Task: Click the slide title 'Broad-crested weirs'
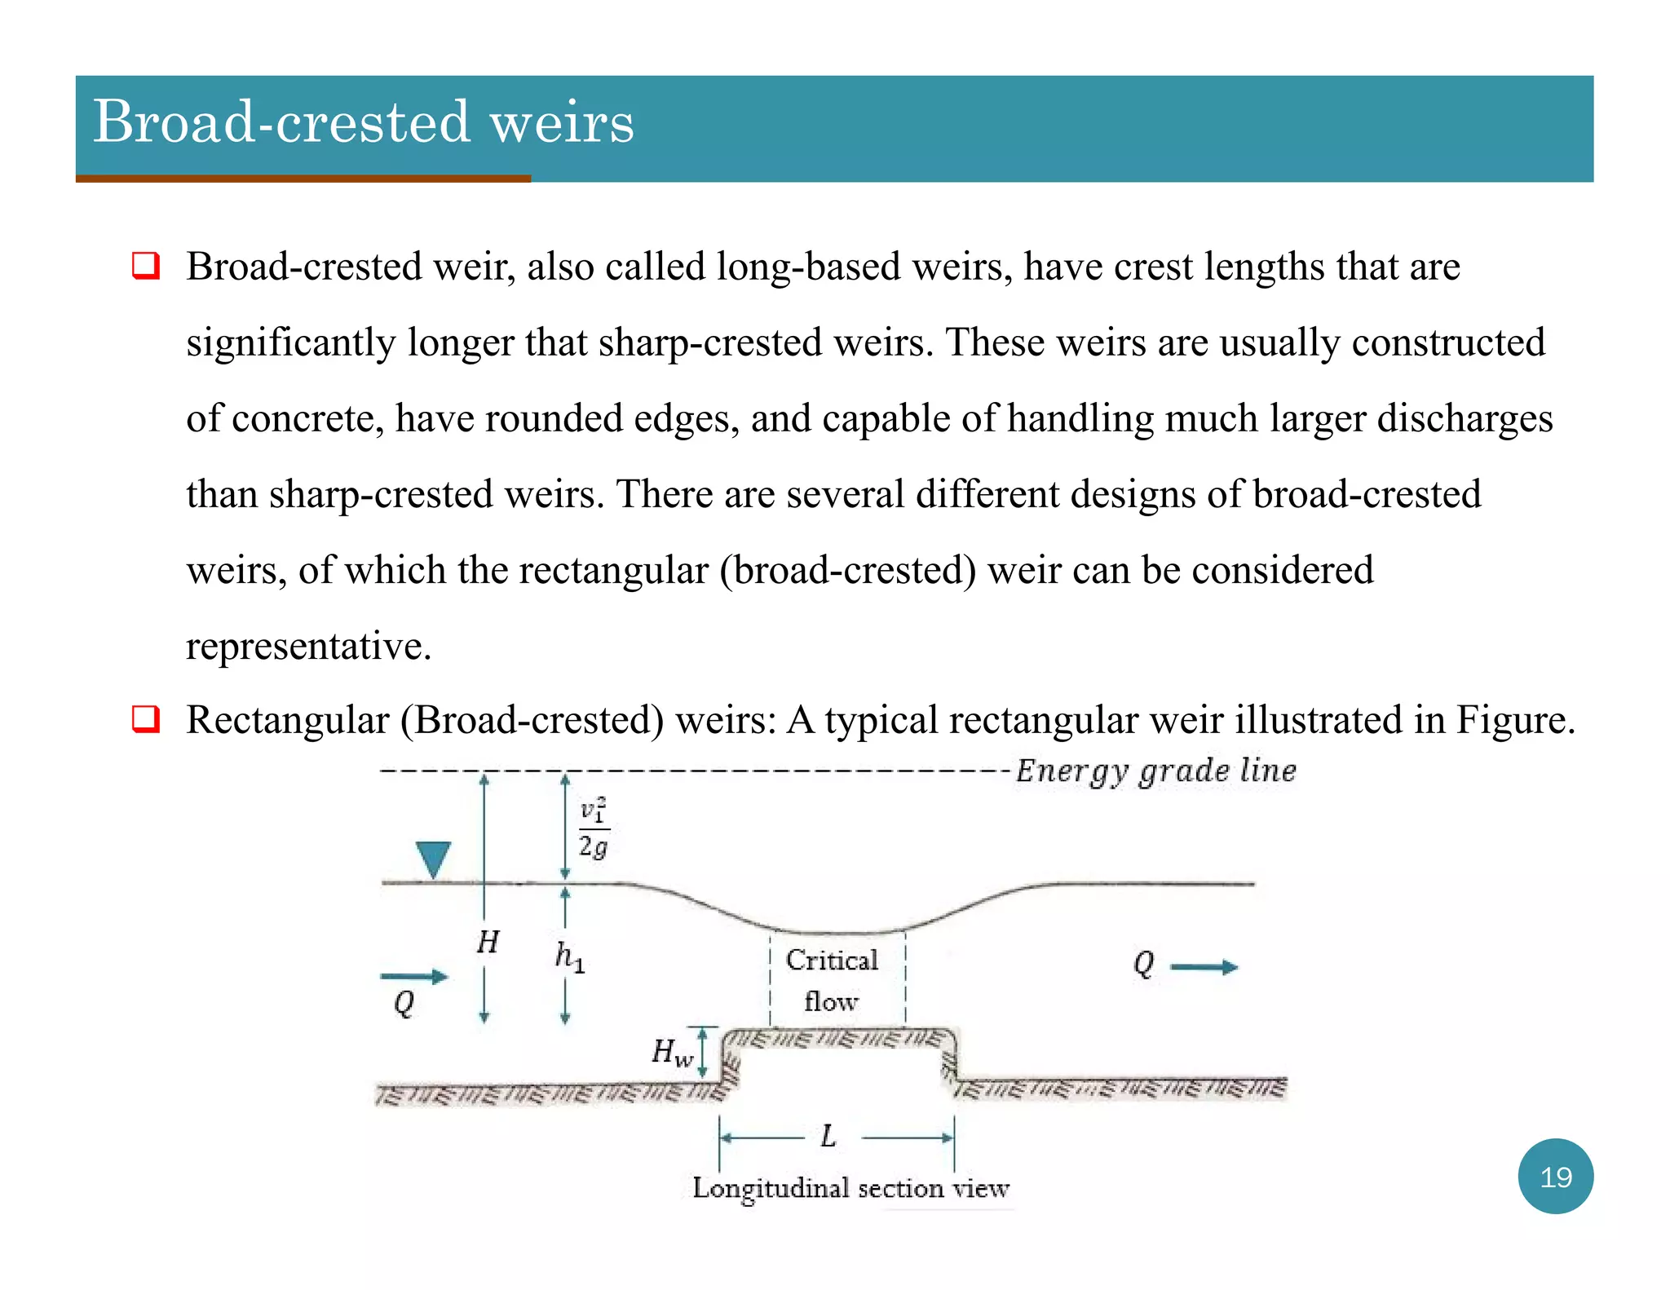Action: (364, 122)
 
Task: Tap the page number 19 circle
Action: (1555, 1176)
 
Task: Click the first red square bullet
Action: (146, 267)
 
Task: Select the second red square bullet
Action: (146, 720)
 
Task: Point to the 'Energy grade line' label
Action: (1155, 771)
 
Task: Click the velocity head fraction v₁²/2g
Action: (594, 828)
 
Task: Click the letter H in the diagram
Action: (488, 942)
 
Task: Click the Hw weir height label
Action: (672, 1052)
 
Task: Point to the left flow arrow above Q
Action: (414, 976)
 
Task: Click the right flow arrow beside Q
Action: (1204, 967)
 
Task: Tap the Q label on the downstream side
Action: (1143, 965)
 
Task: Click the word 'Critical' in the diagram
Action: (832, 960)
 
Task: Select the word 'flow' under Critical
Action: (831, 1001)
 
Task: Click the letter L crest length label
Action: (828, 1136)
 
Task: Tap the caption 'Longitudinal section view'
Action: (850, 1188)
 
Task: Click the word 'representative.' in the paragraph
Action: (308, 646)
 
